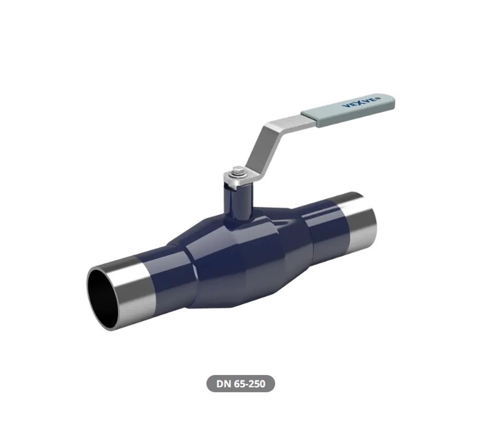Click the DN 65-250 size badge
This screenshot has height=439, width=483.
coord(241,384)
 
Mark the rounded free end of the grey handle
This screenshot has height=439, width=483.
coord(391,100)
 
